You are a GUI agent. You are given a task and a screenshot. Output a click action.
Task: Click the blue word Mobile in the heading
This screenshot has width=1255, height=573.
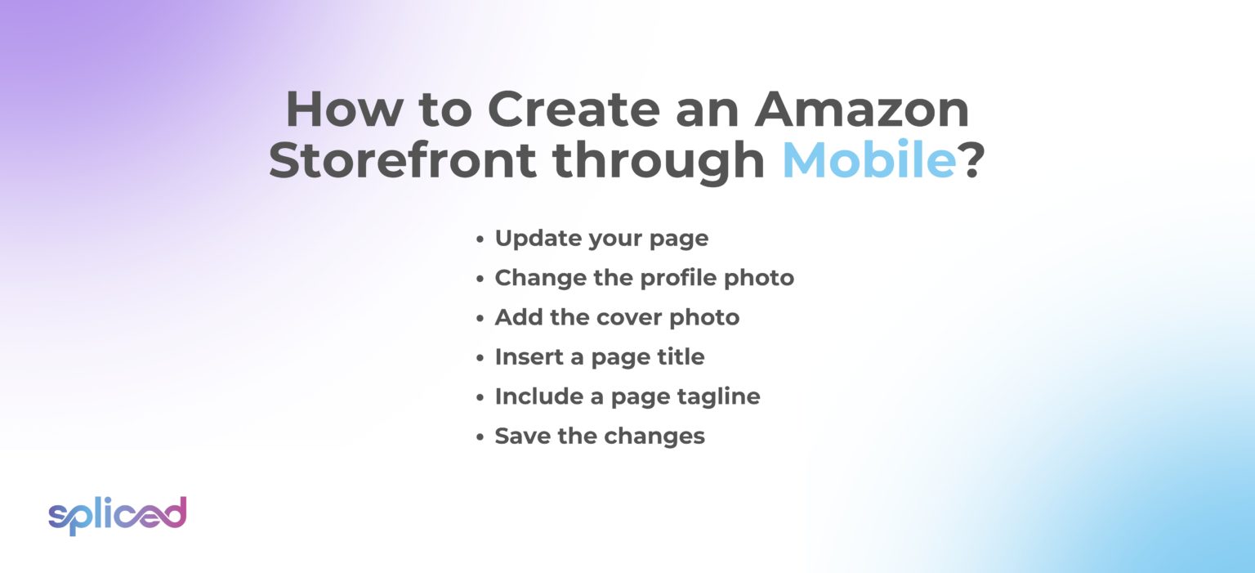coord(869,160)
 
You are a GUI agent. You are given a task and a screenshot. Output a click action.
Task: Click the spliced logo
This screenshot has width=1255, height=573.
coord(117,514)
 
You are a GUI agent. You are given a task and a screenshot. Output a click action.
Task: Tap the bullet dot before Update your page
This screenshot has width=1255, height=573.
coord(480,239)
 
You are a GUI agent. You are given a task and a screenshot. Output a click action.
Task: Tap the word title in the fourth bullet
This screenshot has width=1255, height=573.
coord(680,357)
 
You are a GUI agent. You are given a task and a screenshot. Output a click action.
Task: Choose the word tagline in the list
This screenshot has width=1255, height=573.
coord(719,397)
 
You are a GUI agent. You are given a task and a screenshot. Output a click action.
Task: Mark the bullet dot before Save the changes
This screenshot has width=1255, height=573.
coord(480,437)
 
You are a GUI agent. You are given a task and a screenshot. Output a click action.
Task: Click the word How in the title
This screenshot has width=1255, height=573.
coord(337,110)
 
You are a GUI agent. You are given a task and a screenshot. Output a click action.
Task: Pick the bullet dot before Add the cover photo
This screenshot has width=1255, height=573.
coord(480,319)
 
